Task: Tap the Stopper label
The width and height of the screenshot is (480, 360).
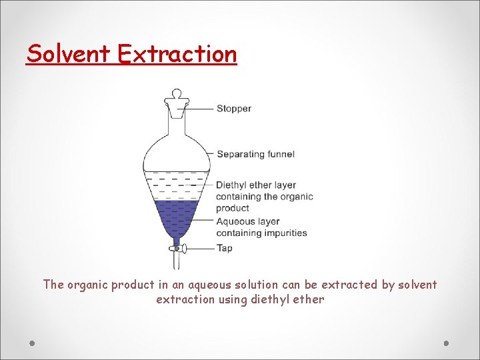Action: [x=233, y=109]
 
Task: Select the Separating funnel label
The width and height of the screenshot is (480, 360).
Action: [x=255, y=154]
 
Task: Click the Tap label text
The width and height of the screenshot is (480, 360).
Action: [x=224, y=248]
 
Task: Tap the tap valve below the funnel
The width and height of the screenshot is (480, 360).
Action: [x=177, y=249]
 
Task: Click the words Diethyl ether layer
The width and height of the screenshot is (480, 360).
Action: [x=255, y=185]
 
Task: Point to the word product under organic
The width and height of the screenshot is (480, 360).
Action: [x=232, y=209]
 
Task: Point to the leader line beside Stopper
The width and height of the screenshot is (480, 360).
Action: [x=201, y=109]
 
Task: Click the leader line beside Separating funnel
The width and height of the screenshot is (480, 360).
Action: [x=209, y=154]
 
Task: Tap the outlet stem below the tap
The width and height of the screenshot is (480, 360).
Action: [x=177, y=262]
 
